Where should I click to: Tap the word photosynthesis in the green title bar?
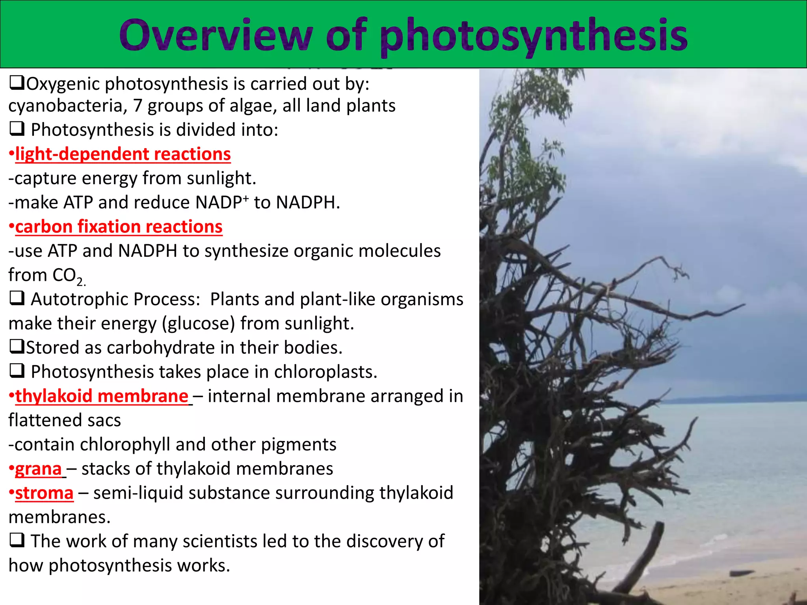coord(534,36)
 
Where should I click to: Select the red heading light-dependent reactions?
coord(123,154)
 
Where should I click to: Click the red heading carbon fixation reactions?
coord(119,227)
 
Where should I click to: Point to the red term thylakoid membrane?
coord(102,396)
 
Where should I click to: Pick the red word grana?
coord(38,469)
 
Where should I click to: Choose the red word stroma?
coord(44,493)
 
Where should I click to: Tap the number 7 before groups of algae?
coord(137,106)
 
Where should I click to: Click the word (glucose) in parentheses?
coord(198,324)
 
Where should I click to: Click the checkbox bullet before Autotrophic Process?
coord(17,299)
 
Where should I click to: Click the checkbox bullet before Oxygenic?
coord(17,83)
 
